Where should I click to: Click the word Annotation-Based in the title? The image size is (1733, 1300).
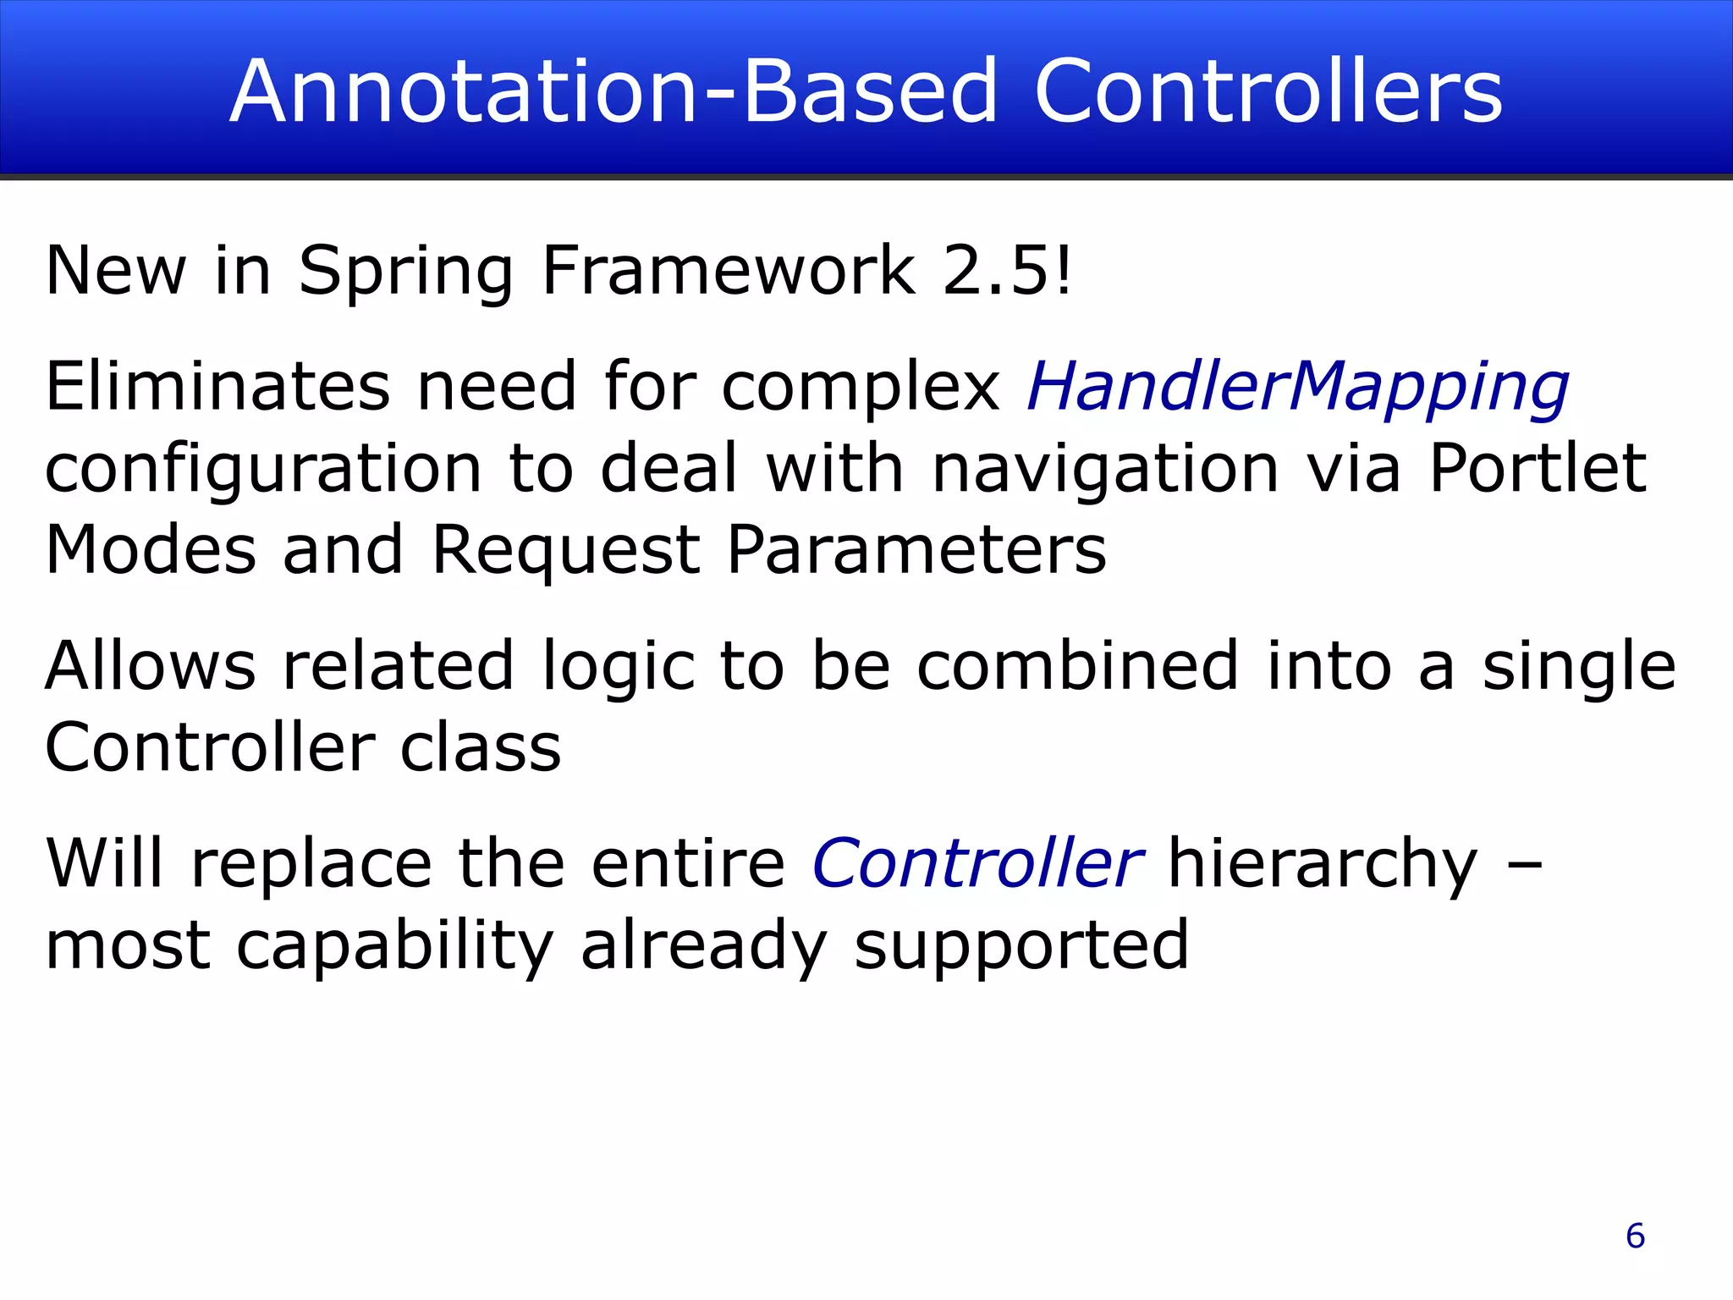coord(614,91)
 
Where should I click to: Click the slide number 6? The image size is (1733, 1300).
coord(1635,1236)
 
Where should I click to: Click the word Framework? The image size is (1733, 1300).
coord(729,271)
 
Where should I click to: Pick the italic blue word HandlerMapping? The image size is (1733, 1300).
coord(1298,388)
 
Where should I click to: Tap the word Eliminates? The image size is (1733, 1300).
coord(217,386)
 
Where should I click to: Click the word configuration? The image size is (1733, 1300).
coord(263,471)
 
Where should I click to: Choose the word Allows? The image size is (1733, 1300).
coord(151,665)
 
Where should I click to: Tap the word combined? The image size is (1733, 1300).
coord(1079,665)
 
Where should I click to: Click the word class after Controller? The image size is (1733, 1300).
coord(481,748)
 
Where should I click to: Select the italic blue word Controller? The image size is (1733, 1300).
coord(977,863)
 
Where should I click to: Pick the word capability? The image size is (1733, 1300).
coord(395,946)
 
